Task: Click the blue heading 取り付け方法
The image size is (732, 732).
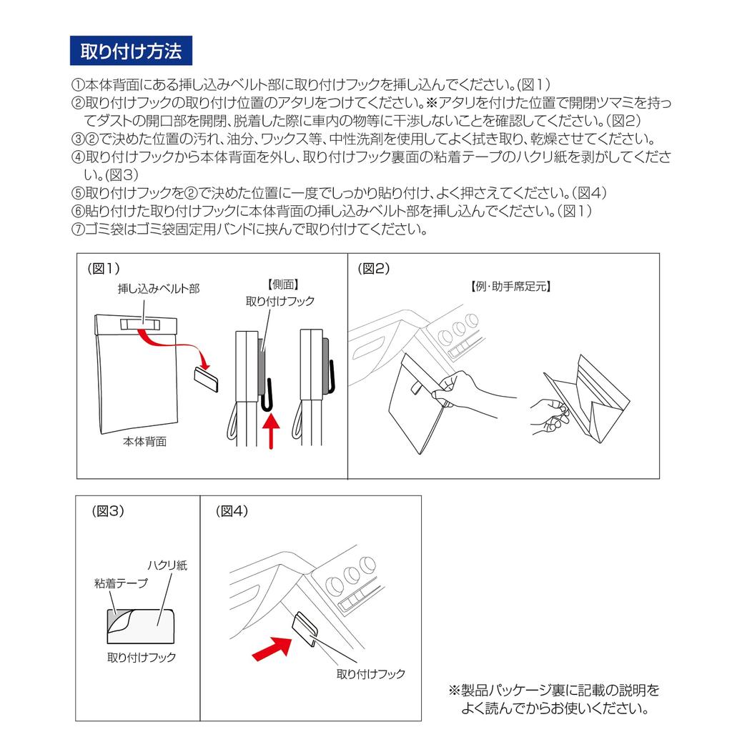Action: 131,51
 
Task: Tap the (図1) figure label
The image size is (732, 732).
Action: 104,269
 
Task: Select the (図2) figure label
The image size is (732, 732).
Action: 373,269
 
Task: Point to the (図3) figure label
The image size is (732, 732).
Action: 108,510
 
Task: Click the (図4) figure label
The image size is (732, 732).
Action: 232,510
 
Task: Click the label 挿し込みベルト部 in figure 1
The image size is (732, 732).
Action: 159,289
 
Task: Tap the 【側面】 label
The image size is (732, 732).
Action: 283,285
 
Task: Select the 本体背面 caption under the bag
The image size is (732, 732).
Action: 144,442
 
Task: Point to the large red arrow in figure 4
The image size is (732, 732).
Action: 272,649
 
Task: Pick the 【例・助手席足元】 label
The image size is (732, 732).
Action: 510,286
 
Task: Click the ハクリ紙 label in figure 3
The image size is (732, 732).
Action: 167,565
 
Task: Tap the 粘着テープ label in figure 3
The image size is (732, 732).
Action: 121,583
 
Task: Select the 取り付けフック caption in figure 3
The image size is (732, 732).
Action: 142,658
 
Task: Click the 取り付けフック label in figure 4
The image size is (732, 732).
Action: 371,673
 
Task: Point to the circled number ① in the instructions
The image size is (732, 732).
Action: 77,85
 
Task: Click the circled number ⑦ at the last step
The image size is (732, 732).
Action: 77,229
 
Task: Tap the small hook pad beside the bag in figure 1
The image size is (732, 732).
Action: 206,379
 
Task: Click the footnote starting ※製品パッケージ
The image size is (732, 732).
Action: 554,699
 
